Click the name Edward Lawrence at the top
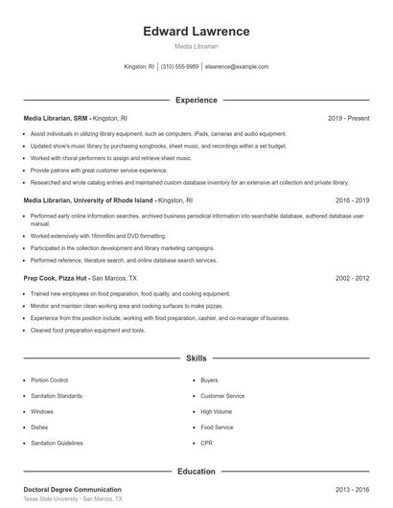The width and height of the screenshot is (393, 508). (196, 31)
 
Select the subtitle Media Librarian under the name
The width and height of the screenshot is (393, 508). (196, 46)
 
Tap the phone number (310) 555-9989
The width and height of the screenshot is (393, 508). (179, 67)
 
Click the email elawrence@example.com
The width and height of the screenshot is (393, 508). (237, 67)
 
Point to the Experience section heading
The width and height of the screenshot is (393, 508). (196, 100)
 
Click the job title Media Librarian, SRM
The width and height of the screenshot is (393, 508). (57, 118)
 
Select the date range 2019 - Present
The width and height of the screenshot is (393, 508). (348, 118)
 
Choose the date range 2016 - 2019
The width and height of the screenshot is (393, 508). (353, 201)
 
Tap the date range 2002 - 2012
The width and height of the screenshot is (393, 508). (353, 278)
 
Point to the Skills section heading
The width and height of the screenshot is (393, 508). (196, 358)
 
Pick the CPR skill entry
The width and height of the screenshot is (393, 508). (206, 443)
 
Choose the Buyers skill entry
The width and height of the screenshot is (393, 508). (209, 381)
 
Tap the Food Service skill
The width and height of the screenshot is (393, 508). (217, 427)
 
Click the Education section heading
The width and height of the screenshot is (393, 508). (196, 471)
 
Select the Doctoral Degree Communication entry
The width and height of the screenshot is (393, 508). (73, 489)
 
